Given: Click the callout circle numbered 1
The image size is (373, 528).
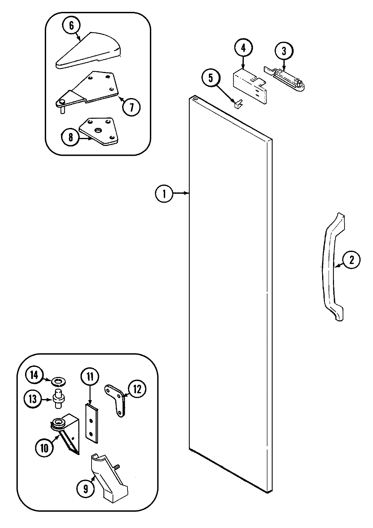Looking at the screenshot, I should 164,194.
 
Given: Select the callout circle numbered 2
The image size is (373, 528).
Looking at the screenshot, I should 351,260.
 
